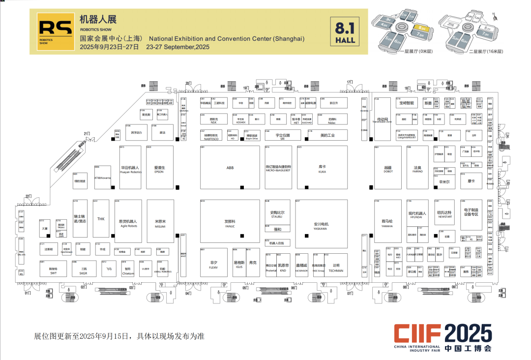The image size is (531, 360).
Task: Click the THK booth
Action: tap(101, 219)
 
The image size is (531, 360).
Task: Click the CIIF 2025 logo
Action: tap(442, 337)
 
